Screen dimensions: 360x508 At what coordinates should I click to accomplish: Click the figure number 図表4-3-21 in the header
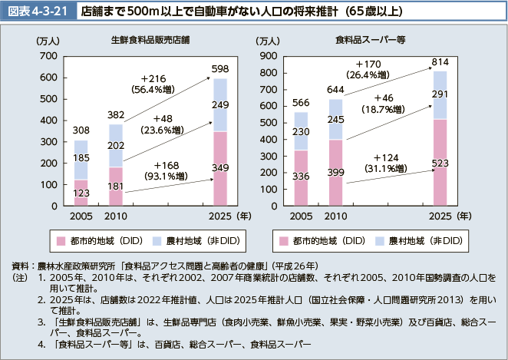pyautogui.click(x=36, y=12)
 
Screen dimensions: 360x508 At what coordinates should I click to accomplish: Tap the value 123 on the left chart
pyautogui.click(x=81, y=193)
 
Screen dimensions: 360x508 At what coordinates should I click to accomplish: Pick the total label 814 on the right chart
pyautogui.click(x=440, y=61)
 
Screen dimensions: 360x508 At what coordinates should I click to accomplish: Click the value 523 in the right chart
pyautogui.click(x=440, y=163)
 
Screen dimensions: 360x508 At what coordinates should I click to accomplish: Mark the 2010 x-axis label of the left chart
pyautogui.click(x=117, y=217)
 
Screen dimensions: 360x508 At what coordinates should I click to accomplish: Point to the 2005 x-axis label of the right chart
pyautogui.click(x=301, y=217)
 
